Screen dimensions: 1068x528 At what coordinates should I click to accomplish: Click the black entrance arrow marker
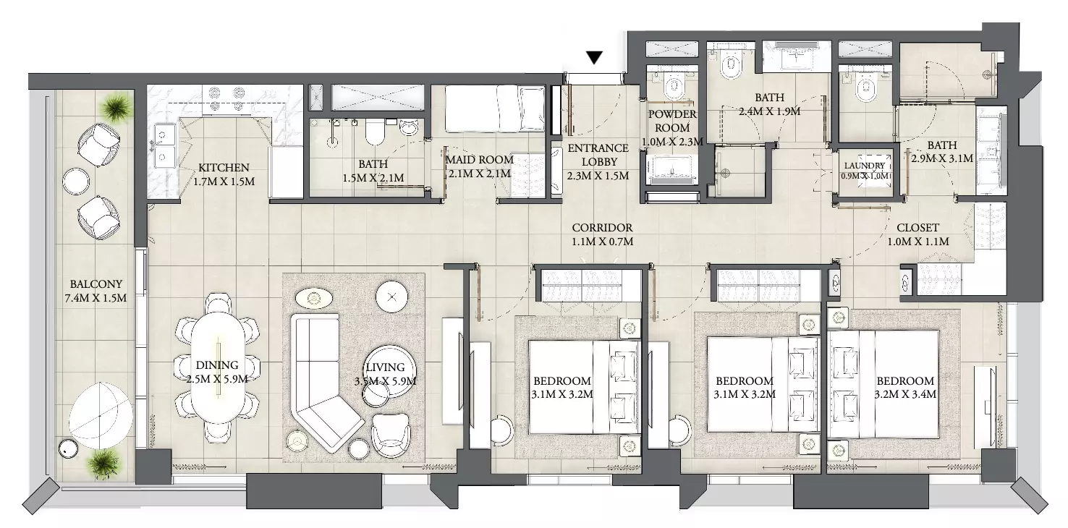(x=594, y=58)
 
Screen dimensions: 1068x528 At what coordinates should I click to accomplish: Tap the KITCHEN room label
(x=224, y=168)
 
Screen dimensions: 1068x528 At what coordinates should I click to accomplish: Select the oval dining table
(x=219, y=367)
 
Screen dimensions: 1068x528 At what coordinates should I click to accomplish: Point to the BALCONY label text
(x=96, y=284)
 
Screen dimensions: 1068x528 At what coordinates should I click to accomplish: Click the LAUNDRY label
(x=865, y=166)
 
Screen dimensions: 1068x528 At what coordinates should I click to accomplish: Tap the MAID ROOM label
(x=479, y=160)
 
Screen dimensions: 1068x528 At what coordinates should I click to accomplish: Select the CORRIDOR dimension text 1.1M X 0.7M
(x=603, y=242)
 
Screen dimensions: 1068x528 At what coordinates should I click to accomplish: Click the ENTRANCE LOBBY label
(x=598, y=155)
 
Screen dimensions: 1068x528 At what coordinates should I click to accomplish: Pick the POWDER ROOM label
(x=672, y=121)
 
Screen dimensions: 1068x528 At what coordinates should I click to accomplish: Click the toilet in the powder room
(x=674, y=86)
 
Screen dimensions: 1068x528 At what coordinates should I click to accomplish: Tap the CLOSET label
(x=917, y=228)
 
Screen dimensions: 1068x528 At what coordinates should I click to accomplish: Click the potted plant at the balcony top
(x=116, y=108)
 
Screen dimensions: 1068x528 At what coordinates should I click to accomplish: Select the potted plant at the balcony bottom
(x=102, y=463)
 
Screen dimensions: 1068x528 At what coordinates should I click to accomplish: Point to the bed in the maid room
(x=496, y=108)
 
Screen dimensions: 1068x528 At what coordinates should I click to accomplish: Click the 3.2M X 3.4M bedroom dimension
(x=905, y=395)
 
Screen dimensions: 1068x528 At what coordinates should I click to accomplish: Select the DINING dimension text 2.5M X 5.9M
(x=217, y=379)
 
